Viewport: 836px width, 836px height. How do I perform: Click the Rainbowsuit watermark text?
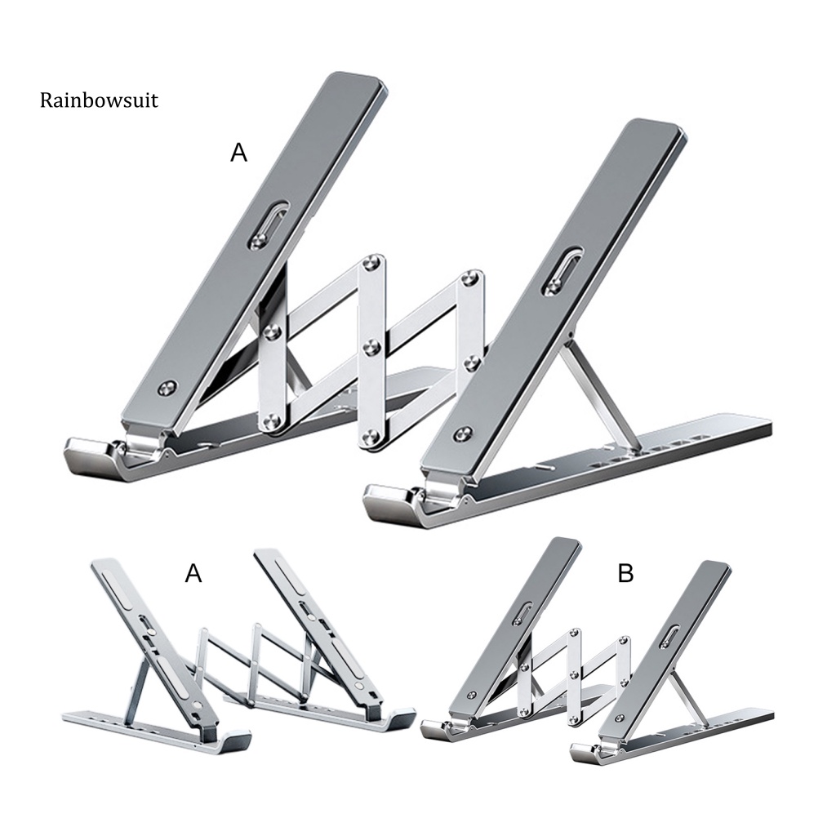point(98,100)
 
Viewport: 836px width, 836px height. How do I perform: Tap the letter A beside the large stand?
point(238,153)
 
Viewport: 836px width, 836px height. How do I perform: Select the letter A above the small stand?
point(193,574)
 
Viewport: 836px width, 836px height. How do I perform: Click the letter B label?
point(625,574)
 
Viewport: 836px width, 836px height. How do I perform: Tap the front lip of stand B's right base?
point(586,749)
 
